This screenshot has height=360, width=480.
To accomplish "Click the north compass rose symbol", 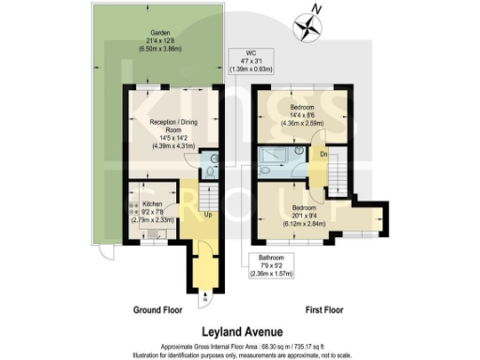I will [x=306, y=26].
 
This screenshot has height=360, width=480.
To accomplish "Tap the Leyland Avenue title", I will [x=240, y=331].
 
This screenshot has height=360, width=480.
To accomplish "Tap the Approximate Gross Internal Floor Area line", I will [x=240, y=345].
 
